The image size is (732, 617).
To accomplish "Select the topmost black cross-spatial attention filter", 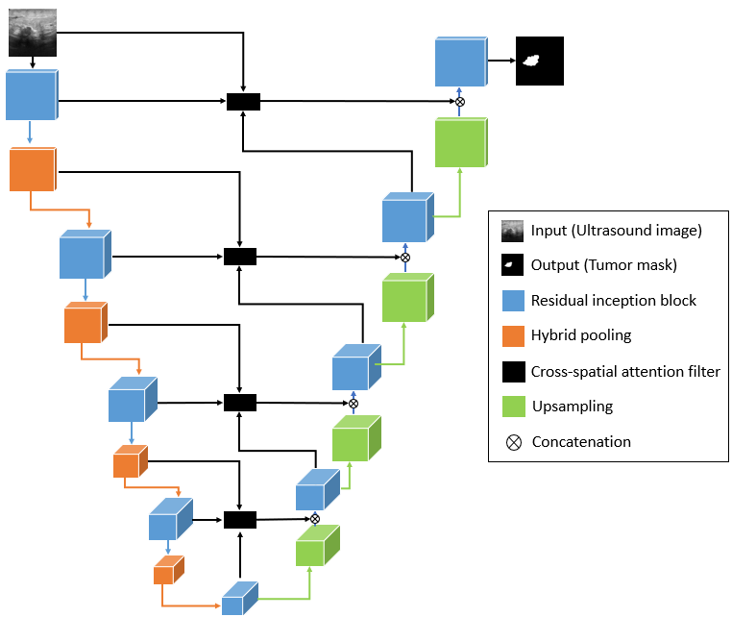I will click(x=243, y=101).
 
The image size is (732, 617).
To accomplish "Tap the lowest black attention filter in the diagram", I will click(x=240, y=520).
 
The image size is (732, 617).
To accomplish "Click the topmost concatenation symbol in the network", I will click(x=459, y=102).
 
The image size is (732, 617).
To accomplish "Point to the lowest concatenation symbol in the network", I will click(x=314, y=519).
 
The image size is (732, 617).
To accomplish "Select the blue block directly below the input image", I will click(x=32, y=94).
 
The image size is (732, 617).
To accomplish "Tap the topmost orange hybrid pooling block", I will click(x=33, y=170).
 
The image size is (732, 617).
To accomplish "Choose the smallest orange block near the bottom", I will click(x=166, y=571).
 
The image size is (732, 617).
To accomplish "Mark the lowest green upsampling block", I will click(x=313, y=548).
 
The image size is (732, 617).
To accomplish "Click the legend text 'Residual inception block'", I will click(x=614, y=301).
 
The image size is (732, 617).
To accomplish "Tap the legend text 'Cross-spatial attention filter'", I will click(x=625, y=371).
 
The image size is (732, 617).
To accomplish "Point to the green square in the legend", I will click(x=512, y=407).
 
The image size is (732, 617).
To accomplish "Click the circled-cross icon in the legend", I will click(x=512, y=442).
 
